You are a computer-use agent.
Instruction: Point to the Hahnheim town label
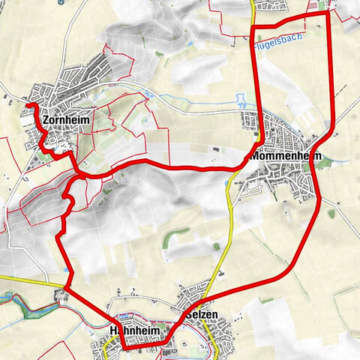[x=136, y=330]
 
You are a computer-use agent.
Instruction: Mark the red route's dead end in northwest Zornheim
[x=31, y=108]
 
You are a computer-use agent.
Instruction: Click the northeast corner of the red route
[x=329, y=13]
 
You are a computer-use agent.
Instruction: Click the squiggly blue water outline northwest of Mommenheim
[x=241, y=99]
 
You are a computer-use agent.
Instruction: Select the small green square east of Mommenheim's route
[x=331, y=214]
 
